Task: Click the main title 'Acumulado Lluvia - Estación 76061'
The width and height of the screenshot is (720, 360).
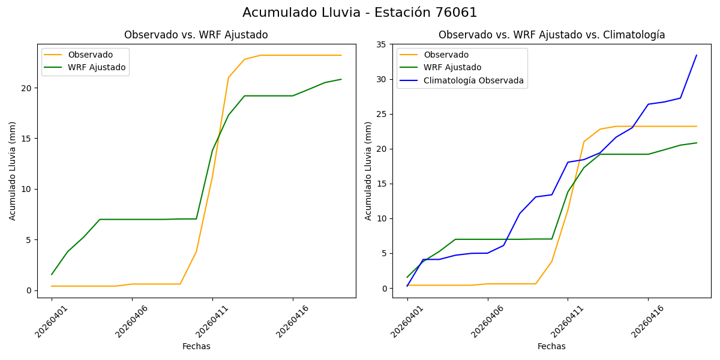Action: coord(360,13)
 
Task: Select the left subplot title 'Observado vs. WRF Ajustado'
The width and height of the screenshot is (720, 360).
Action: coord(196,35)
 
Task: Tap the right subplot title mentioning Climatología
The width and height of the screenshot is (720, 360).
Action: coord(551,35)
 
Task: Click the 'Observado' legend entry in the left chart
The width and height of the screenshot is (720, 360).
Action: coord(90,55)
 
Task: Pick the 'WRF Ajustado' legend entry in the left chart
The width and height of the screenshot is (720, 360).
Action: coord(97,67)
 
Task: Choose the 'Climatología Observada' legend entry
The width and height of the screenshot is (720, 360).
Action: coord(473,80)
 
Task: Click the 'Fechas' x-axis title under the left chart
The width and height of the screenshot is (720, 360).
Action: coord(196,346)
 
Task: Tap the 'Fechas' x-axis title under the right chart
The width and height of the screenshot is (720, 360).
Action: coord(551,346)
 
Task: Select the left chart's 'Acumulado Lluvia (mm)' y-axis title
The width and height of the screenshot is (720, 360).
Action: coord(13,171)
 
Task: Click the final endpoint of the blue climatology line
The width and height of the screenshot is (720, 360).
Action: coord(696,55)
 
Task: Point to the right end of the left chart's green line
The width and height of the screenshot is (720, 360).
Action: coord(341,79)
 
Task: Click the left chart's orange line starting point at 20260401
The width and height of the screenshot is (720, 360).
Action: coord(52,286)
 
